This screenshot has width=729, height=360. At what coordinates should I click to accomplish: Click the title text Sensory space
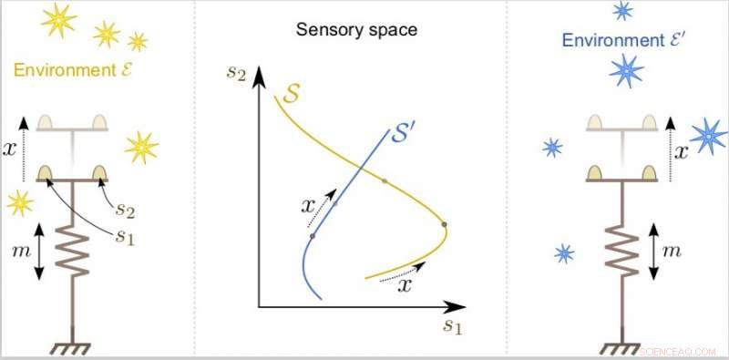pyautogui.click(x=356, y=30)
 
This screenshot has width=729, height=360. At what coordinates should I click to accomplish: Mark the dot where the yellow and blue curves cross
pyautogui.click(x=384, y=182)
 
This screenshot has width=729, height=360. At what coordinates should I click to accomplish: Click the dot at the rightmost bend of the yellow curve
pyautogui.click(x=445, y=224)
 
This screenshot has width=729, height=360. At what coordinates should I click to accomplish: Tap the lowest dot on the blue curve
pyautogui.click(x=313, y=236)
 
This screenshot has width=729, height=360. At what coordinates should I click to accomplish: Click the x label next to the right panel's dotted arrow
pyautogui.click(x=683, y=157)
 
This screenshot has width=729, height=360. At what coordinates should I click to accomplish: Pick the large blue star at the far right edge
pyautogui.click(x=709, y=137)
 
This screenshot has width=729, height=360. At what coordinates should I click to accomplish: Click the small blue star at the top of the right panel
pyautogui.click(x=622, y=10)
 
